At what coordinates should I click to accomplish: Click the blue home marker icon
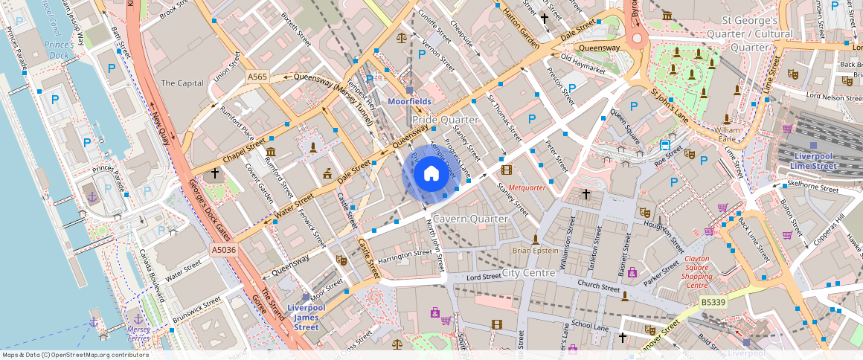431,174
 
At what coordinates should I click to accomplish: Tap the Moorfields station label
409,100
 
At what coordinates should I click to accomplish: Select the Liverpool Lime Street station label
816,161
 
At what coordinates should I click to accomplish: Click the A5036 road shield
223,250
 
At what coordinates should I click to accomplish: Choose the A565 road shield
257,77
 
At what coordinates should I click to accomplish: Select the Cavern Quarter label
470,219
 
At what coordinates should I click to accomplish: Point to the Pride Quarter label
445,120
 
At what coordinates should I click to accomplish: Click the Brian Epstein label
535,251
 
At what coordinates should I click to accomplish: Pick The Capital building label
182,83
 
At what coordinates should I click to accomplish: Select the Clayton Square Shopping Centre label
697,272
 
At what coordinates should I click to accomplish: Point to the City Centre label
529,273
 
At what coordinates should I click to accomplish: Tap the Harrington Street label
405,254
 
